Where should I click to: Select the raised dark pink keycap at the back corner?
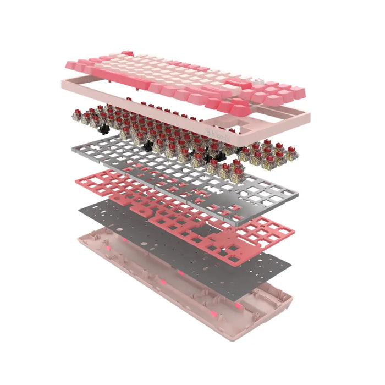click(x=128, y=53)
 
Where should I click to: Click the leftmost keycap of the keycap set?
click(x=70, y=65)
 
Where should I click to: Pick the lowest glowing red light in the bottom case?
click(x=238, y=306)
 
